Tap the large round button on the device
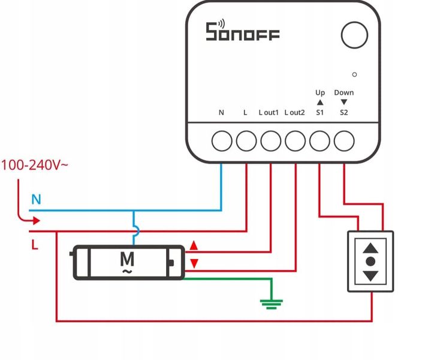pos(355,35)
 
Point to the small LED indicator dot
pos(354,74)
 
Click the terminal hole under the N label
pos(222,142)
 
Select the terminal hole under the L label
pos(246,142)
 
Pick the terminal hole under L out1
pos(270,142)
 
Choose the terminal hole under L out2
pos(295,142)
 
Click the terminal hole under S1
pos(320,142)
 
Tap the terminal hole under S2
pos(344,142)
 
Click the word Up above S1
pos(320,92)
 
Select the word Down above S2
pos(344,92)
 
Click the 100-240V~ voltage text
pos(34,164)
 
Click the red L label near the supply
pos(34,245)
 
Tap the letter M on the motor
pos(127,259)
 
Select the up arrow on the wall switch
pos(371,247)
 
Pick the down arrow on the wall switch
pos(371,275)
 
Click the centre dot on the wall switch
pos(371,262)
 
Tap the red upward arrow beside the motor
pos(194,245)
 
